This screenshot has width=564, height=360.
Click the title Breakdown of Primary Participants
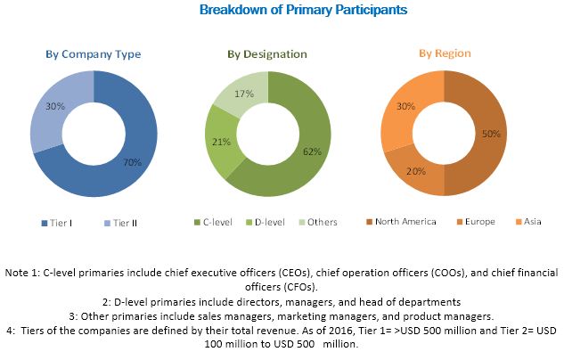[282, 11]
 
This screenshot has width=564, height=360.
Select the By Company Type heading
[94, 53]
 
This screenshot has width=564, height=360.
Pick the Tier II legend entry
[119, 221]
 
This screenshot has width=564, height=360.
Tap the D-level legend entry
[266, 221]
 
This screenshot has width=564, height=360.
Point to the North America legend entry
[401, 221]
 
